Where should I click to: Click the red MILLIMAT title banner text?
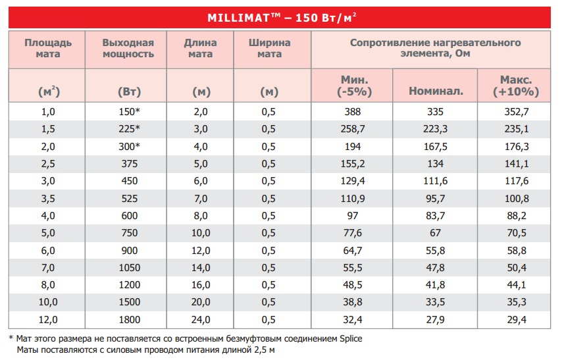click(282, 18)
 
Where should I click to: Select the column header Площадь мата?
click(48, 48)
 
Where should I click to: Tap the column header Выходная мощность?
click(128, 48)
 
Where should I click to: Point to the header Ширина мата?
click(269, 48)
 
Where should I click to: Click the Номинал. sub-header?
click(436, 91)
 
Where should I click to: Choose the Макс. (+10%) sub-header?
click(516, 86)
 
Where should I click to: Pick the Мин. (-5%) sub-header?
click(354, 86)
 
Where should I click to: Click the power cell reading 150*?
click(129, 111)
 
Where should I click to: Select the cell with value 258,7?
click(353, 129)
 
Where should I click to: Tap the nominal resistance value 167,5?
click(435, 146)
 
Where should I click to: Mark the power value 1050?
click(129, 268)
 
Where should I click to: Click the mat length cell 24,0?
click(200, 320)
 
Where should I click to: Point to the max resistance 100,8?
click(517, 199)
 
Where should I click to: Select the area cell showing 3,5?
click(48, 199)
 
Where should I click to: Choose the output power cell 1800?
click(129, 320)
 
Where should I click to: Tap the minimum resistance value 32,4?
click(353, 320)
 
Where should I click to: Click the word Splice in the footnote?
click(351, 339)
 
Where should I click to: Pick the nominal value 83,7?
click(435, 216)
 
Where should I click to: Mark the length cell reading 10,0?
click(200, 233)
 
